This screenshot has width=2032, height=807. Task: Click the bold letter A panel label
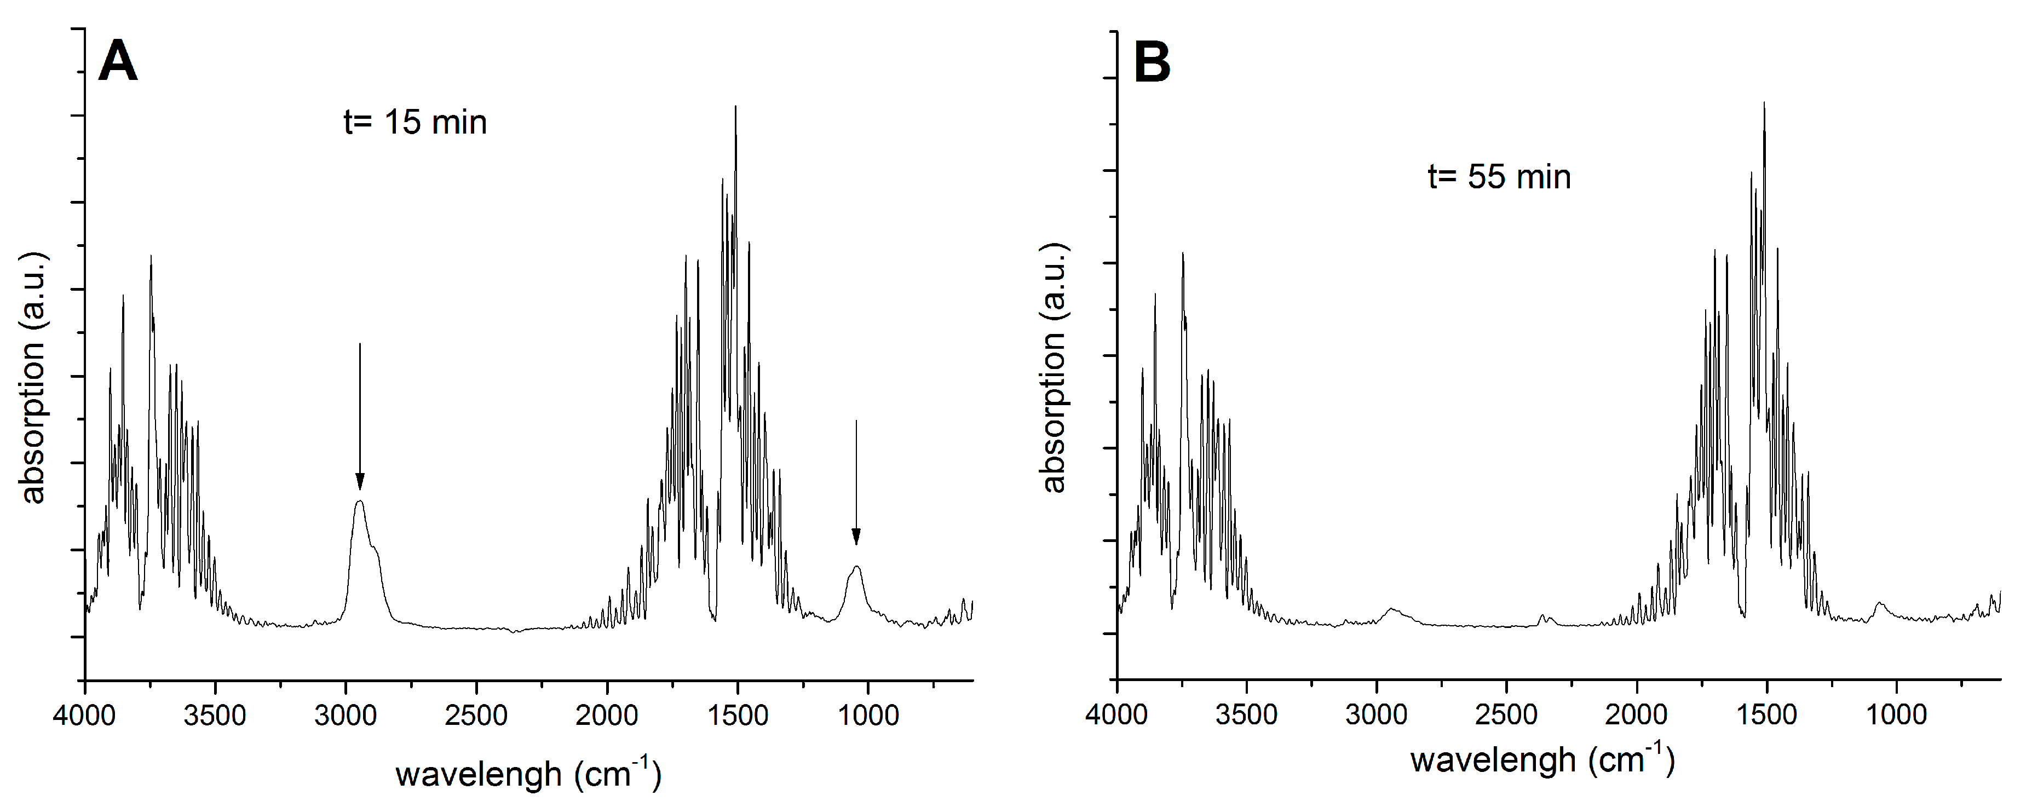click(x=118, y=62)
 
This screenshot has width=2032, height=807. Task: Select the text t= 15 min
click(x=415, y=122)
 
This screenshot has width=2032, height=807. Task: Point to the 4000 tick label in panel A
click(x=84, y=716)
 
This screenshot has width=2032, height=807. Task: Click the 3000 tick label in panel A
click(x=346, y=716)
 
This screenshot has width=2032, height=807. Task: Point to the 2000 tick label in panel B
click(x=1638, y=716)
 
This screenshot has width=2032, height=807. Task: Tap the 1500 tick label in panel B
click(x=1767, y=716)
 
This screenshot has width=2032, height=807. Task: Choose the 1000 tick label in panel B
click(x=1897, y=716)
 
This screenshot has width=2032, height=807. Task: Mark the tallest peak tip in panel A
click(x=735, y=107)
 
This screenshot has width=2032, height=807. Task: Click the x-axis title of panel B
click(x=1542, y=760)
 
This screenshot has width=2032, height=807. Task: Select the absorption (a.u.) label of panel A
click(x=34, y=379)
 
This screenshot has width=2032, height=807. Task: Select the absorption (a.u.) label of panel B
click(x=1054, y=368)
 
